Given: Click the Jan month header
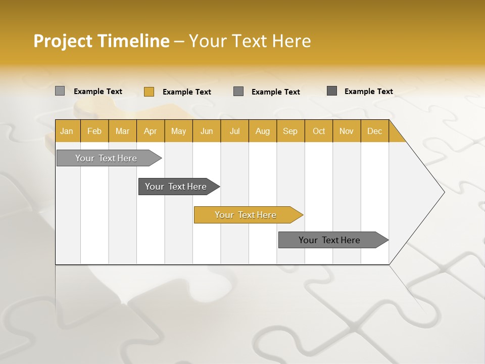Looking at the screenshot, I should (x=67, y=131).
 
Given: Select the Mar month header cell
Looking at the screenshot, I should (x=122, y=131).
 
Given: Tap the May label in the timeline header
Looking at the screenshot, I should (x=178, y=131).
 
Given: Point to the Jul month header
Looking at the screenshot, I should (x=234, y=131).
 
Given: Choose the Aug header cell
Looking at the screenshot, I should (x=262, y=131).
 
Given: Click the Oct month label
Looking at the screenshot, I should (x=319, y=131).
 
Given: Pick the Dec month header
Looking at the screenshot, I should (x=374, y=131).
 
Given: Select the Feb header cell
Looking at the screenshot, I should (x=94, y=131).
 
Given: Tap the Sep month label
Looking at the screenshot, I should (x=290, y=131).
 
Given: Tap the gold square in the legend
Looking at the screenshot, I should (x=149, y=92).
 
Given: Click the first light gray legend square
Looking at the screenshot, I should (x=60, y=91).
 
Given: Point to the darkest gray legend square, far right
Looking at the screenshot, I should (x=332, y=91).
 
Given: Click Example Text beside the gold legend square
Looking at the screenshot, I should (x=186, y=92).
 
